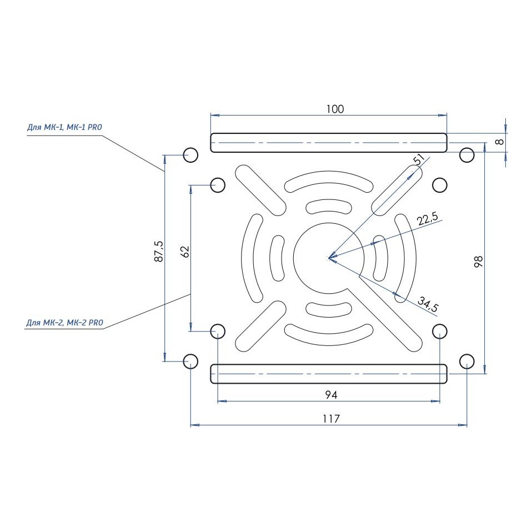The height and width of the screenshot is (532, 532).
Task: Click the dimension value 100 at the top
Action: click(x=335, y=109)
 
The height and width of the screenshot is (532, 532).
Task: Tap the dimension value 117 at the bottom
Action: click(x=331, y=419)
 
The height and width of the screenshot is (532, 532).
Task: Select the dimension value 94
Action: click(x=331, y=395)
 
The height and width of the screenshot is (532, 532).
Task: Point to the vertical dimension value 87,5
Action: click(x=159, y=252)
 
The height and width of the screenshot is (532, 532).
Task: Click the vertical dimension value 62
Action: click(x=185, y=252)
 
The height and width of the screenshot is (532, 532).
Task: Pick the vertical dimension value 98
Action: click(x=478, y=262)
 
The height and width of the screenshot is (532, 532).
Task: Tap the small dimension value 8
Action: click(x=499, y=142)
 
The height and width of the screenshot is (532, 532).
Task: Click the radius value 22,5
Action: click(x=428, y=219)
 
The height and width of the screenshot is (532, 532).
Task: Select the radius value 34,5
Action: click(x=428, y=304)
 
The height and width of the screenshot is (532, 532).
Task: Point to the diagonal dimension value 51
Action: click(x=419, y=159)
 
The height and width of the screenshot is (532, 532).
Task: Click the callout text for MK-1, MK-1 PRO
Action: click(x=64, y=127)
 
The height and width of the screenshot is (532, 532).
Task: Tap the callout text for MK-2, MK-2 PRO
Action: click(x=64, y=323)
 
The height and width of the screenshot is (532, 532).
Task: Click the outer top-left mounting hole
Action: click(x=190, y=155)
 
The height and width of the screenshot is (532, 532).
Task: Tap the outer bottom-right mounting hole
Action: click(x=467, y=362)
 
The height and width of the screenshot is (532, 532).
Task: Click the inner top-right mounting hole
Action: click(x=440, y=185)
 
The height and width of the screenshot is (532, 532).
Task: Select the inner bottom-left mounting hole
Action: click(x=218, y=331)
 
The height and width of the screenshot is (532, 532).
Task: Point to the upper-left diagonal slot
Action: click(x=260, y=190)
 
